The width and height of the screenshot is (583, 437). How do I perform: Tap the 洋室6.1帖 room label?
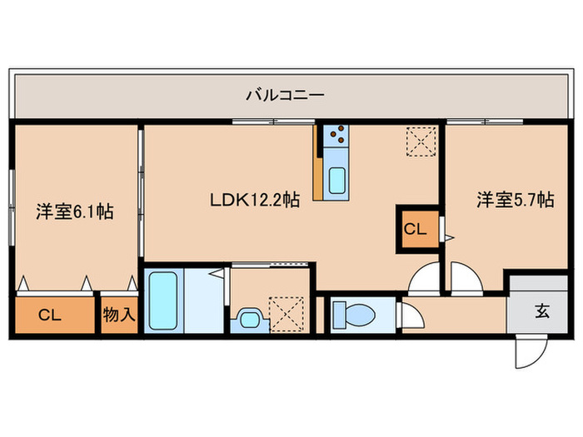74,212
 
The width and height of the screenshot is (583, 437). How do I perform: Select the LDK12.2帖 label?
255,200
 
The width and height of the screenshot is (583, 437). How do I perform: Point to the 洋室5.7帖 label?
514,200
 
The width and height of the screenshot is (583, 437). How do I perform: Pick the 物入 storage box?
118,315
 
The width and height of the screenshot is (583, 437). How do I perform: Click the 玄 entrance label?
541,312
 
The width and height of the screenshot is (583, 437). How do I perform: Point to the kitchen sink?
337,180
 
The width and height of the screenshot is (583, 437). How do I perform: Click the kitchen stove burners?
336,134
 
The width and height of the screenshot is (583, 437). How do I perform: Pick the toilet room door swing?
409,316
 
